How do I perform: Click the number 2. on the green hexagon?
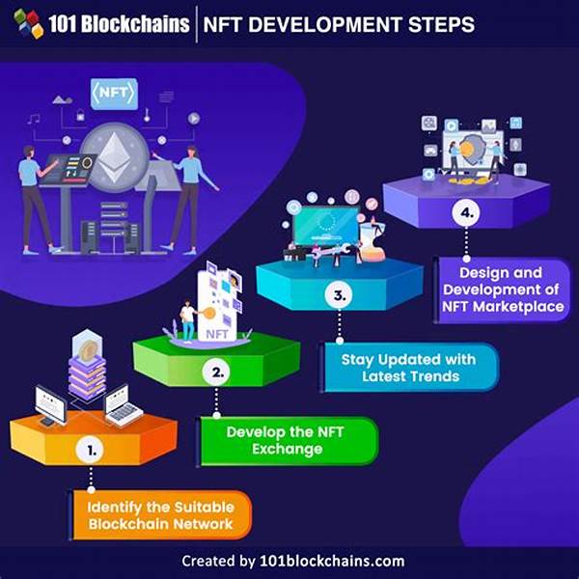tap(220, 371)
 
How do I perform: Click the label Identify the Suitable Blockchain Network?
tap(161, 514)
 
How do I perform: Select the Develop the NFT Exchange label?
tap(288, 441)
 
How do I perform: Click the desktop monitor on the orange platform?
tap(49, 402)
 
